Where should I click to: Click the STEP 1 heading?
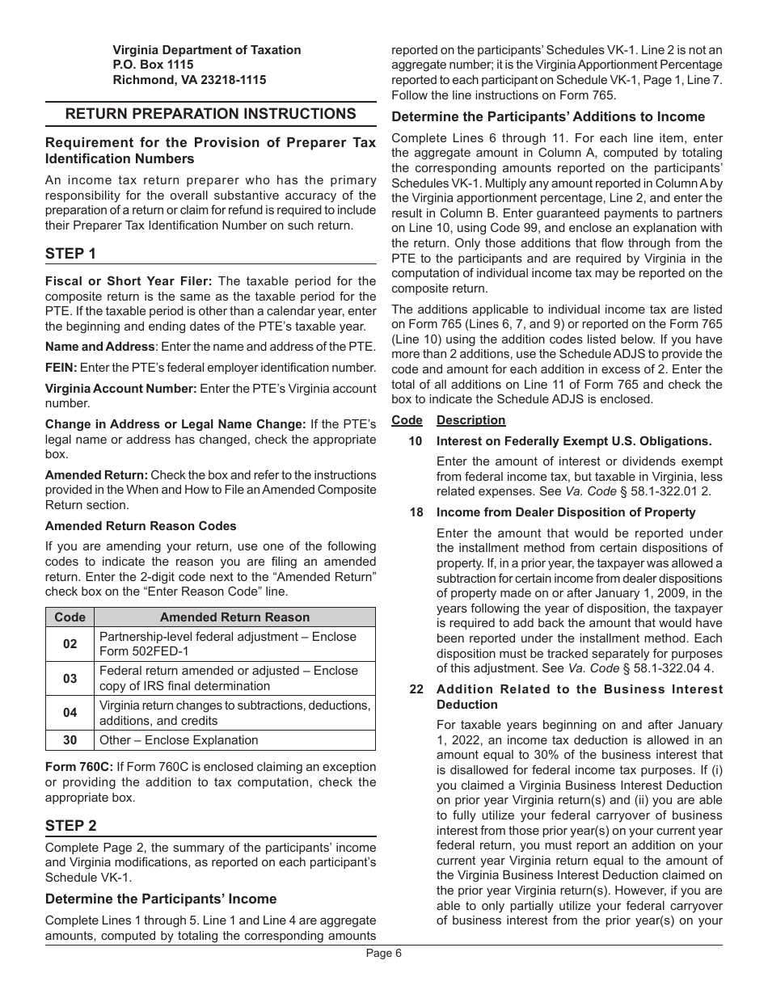[x=70, y=254]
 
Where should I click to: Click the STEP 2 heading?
[x=70, y=825]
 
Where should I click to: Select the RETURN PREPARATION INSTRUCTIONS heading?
[x=210, y=114]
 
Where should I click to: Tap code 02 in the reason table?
[x=70, y=644]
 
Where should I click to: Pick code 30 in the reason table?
[x=70, y=740]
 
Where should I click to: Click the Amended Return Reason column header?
[x=234, y=617]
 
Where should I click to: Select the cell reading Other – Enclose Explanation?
[x=179, y=740]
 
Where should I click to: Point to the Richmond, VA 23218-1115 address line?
[x=189, y=80]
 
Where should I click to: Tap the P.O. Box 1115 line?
[x=153, y=65]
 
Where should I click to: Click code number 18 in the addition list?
[x=416, y=512]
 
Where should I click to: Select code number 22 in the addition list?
[x=416, y=689]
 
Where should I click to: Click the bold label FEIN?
[x=61, y=368]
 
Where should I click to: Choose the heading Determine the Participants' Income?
[x=161, y=899]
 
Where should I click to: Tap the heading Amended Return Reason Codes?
[x=141, y=526]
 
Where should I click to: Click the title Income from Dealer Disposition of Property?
[x=566, y=512]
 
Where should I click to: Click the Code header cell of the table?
[x=70, y=617]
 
